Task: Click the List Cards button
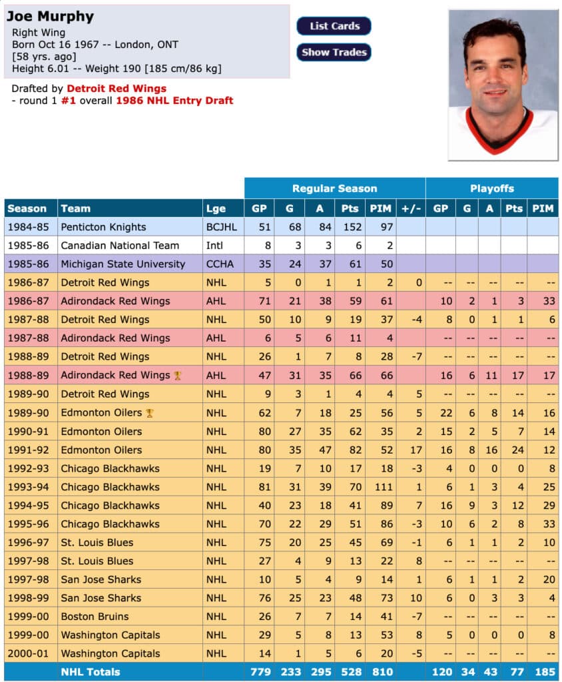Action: coord(334,26)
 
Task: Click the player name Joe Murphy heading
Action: coord(51,16)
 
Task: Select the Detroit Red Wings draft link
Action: coord(117,88)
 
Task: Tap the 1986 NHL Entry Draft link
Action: coord(174,101)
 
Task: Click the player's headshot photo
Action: coord(503,85)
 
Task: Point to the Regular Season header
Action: coord(334,188)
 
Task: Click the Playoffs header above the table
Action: coord(491,188)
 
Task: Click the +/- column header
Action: coord(411,208)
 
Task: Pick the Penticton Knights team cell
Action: coord(102,227)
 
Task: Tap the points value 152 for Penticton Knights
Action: coord(350,227)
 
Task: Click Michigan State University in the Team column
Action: coord(123,264)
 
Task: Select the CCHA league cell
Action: coord(220,264)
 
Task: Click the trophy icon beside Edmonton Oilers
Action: coord(150,413)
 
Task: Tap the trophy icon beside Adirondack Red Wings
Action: coord(177,376)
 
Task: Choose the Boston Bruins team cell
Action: coord(95,617)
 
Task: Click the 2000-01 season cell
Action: coord(27,654)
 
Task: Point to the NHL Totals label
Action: coord(91,672)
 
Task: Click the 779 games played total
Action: coord(259,672)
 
